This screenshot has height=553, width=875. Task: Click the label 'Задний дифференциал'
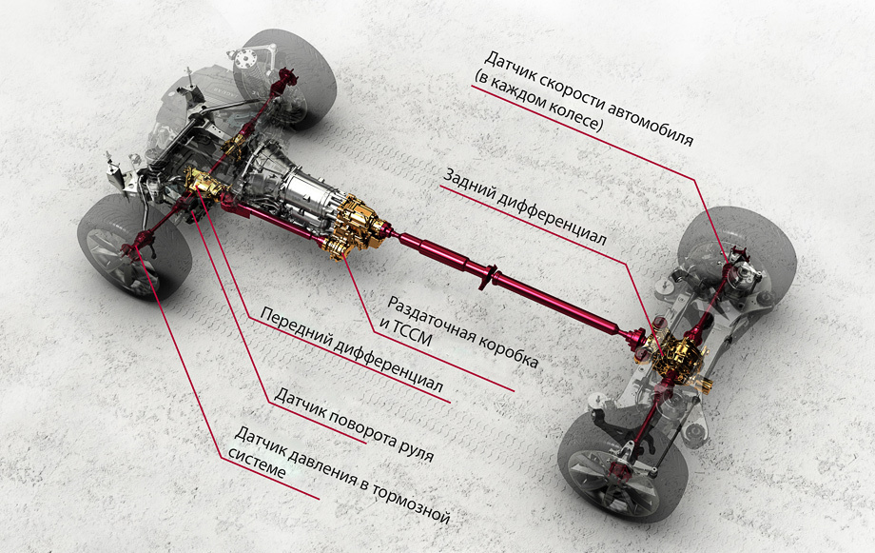[x=524, y=206]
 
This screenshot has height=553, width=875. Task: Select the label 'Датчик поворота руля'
[x=354, y=425]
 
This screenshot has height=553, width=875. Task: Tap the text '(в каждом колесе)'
[x=538, y=101]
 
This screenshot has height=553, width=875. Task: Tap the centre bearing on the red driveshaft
[x=490, y=275]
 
